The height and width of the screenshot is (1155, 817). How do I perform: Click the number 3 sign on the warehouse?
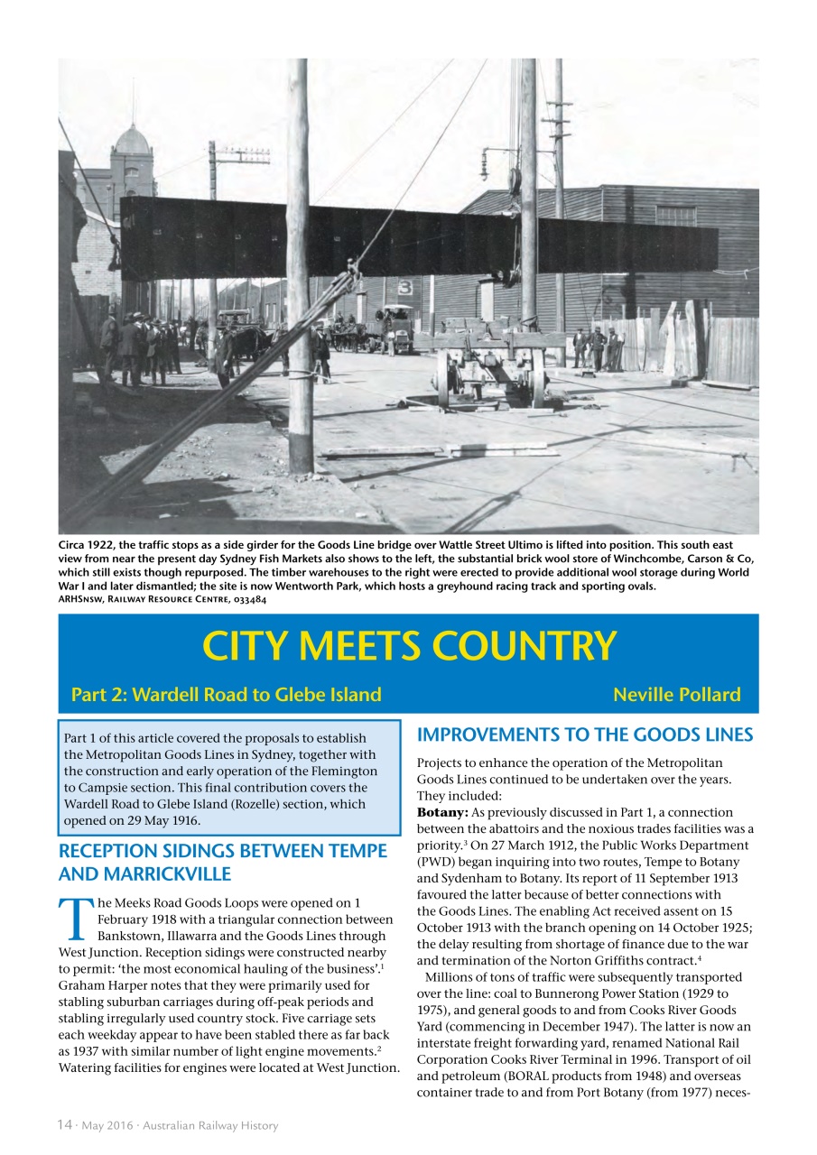click(405, 288)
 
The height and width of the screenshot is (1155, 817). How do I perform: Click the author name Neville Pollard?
click(676, 695)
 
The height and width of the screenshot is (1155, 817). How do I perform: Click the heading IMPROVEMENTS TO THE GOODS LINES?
click(584, 735)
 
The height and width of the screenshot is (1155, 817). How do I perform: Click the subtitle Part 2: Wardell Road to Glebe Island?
click(226, 695)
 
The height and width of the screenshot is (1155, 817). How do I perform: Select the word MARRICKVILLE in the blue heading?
click(144, 874)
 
